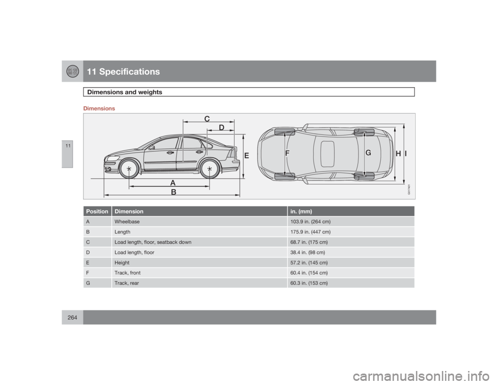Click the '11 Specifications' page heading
123,72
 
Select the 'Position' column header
97,212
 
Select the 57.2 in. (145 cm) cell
309,263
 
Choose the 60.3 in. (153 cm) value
309,283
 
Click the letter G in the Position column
88,283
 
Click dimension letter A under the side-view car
172,182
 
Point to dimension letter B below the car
173,191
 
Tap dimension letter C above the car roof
206,119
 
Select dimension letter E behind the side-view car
246,155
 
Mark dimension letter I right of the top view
406,154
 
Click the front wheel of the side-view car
128,169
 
